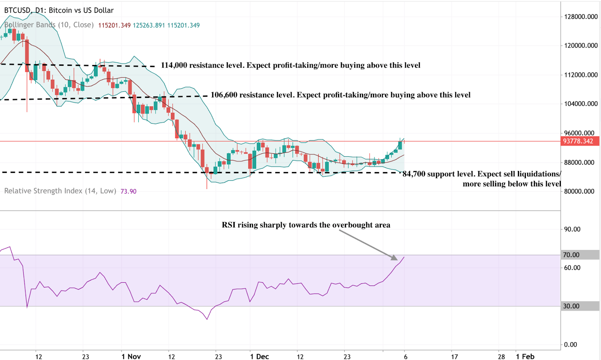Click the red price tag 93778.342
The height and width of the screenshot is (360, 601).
(578, 141)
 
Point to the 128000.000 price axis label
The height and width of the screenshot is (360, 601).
(581, 17)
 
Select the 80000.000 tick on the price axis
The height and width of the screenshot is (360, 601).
(579, 191)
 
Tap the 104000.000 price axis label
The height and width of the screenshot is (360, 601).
(581, 104)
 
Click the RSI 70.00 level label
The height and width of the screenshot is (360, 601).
(571, 255)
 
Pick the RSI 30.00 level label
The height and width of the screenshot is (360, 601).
(571, 306)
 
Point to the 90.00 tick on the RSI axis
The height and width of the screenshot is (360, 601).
(572, 229)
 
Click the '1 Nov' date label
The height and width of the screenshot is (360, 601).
(131, 356)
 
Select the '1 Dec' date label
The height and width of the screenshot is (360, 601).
(260, 356)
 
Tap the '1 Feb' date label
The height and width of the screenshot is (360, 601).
(525, 356)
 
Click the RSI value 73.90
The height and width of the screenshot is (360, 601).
(128, 191)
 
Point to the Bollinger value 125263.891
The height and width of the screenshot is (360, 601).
(149, 25)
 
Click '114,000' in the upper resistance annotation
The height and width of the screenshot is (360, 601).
(174, 65)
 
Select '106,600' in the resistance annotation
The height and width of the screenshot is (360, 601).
(224, 95)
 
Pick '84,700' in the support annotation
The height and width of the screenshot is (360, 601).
(414, 174)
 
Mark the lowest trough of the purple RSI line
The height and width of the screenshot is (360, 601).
(207, 319)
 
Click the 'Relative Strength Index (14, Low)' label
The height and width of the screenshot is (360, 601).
(60, 191)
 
